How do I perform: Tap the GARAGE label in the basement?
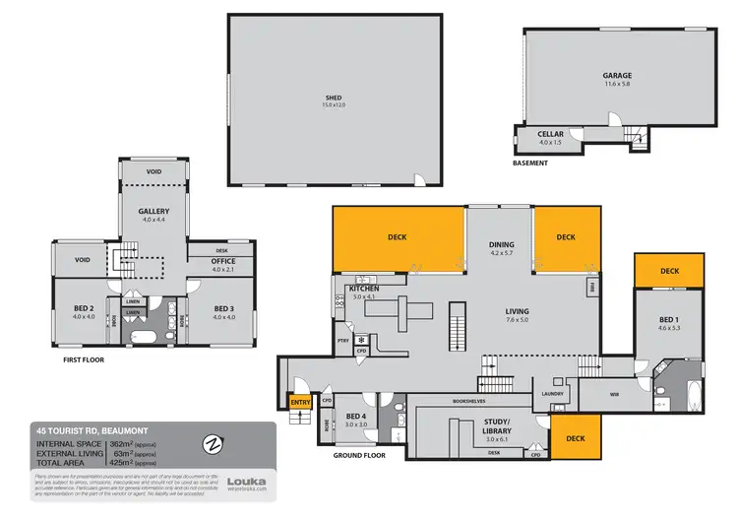(x=617, y=75)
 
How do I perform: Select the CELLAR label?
(x=551, y=135)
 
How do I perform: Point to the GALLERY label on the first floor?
(x=154, y=211)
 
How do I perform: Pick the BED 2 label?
(x=83, y=308)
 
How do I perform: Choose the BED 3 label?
(x=224, y=308)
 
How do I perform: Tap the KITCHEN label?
(x=364, y=288)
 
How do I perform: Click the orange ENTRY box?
(x=299, y=402)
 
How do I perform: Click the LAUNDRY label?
(x=551, y=394)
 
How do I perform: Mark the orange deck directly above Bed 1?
(x=669, y=271)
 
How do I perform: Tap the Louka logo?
(x=245, y=483)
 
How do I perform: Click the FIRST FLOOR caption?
(x=76, y=359)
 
